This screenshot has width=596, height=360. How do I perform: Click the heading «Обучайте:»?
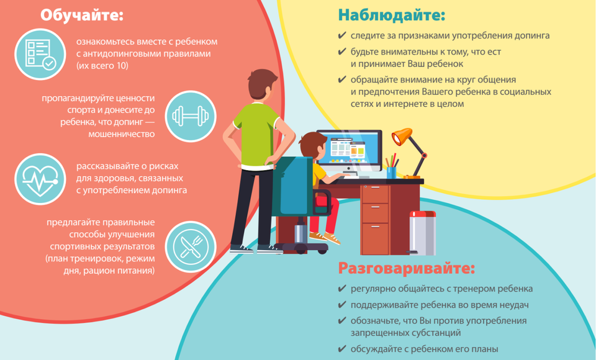(82, 16)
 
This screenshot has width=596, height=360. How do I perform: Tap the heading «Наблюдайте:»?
(392, 16)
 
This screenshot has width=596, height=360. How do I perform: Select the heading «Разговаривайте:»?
(407, 268)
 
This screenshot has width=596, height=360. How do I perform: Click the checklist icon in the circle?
(40, 54)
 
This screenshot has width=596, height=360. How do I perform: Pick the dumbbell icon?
(191, 116)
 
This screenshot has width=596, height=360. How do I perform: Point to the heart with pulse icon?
(40, 179)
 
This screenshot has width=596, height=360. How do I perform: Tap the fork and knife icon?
(191, 246)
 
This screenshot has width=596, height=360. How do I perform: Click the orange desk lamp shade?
(402, 136)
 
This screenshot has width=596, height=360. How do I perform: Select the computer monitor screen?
(349, 149)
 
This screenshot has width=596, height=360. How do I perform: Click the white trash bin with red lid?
(422, 233)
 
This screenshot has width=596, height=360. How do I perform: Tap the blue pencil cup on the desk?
(391, 173)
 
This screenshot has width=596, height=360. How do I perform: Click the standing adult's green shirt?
(256, 135)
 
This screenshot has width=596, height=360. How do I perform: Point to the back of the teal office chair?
(292, 186)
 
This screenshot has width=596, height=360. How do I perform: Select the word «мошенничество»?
(121, 134)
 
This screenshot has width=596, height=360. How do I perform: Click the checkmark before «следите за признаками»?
(341, 35)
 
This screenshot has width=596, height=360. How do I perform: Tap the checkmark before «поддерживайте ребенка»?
(341, 305)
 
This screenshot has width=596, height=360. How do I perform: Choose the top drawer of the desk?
(375, 194)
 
